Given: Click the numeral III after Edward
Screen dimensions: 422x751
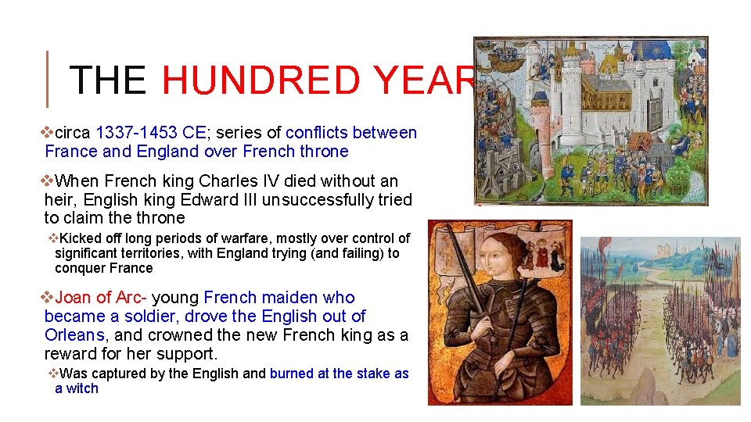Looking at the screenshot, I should tap(247, 199).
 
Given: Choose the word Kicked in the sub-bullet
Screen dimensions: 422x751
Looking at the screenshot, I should tap(79, 238).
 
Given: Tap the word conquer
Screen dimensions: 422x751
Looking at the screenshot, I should tap(77, 268).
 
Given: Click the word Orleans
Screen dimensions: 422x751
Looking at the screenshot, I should tap(74, 334).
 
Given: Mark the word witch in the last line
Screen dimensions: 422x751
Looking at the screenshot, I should tap(82, 388).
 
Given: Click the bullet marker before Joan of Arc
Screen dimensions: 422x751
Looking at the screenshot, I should tap(47, 298).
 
